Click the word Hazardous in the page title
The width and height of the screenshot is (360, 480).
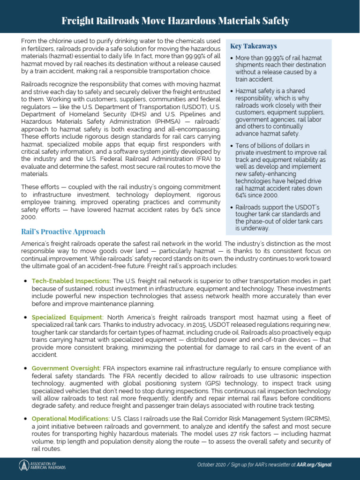[196, 21]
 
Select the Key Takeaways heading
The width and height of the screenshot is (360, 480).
[254, 46]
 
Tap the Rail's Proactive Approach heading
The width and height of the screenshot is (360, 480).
[63, 232]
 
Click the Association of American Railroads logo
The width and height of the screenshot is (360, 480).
[42, 465]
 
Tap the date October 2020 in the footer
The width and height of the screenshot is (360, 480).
[212, 465]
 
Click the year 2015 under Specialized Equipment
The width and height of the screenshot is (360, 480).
[182, 325]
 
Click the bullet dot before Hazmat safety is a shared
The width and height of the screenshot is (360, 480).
[232, 91]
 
